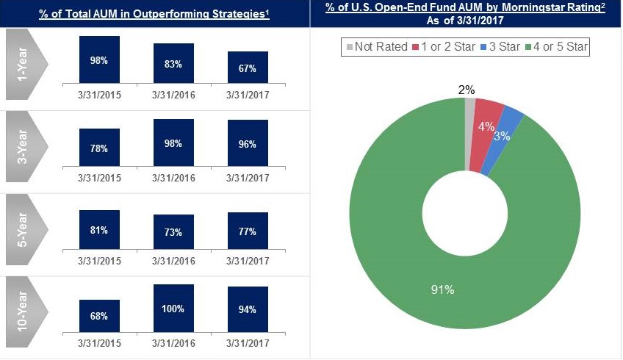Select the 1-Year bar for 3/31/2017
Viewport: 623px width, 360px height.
click(248, 68)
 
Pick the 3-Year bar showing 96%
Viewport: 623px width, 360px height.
click(248, 144)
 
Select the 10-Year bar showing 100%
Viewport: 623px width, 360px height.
click(173, 308)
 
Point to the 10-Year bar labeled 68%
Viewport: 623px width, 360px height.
click(99, 315)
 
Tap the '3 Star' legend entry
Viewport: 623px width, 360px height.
click(499, 47)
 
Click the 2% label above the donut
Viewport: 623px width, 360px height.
click(467, 90)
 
